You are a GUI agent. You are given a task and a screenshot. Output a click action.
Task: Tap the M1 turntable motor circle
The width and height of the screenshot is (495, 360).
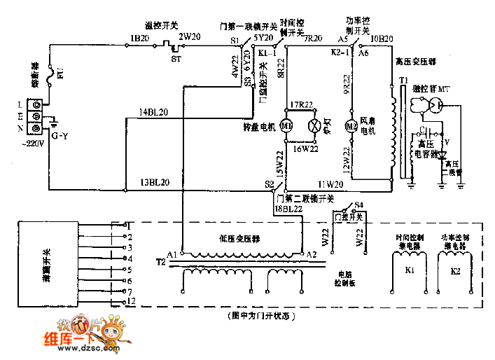287,125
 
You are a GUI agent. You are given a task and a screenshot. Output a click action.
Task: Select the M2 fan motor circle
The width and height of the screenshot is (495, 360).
351,125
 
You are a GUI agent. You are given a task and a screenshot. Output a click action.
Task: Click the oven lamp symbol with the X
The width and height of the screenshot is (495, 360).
315,125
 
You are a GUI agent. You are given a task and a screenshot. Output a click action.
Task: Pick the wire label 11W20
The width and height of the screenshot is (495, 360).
331,184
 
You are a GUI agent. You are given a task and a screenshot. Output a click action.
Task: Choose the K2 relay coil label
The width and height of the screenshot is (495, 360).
455,269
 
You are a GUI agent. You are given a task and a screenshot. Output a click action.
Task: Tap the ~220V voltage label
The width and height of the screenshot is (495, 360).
34,144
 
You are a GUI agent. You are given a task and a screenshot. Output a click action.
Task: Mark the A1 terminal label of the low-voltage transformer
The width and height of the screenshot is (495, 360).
172,254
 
